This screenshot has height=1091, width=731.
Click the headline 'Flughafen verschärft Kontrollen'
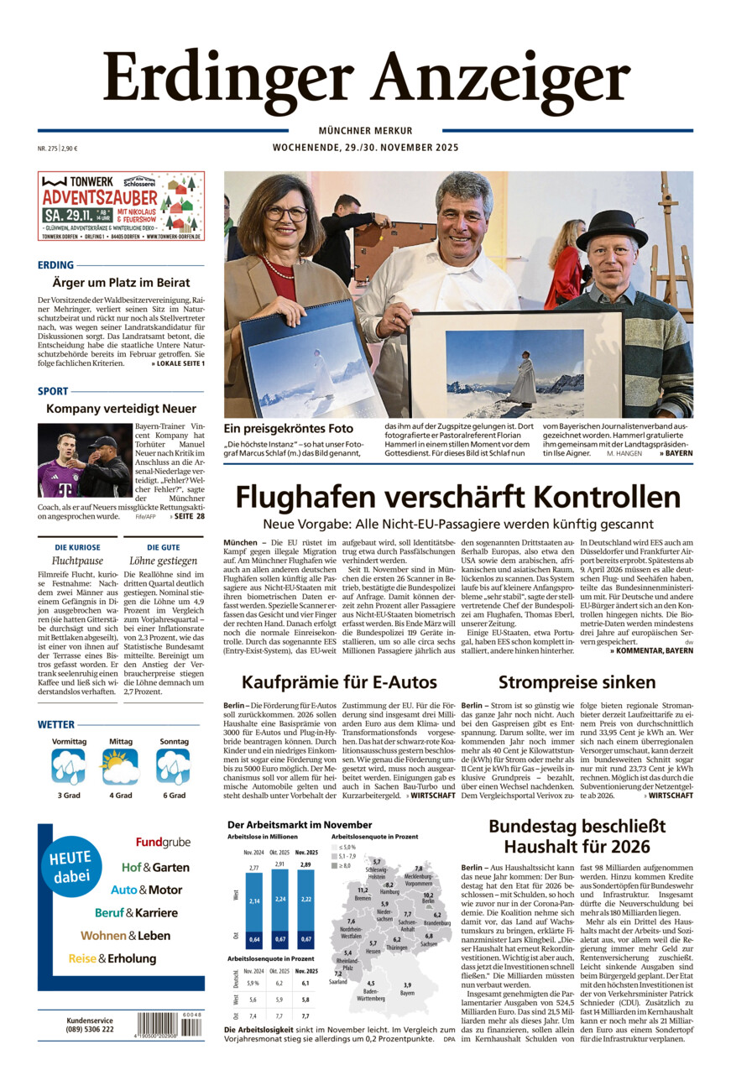coord(457,498)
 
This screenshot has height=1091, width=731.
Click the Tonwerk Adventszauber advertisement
coord(121,206)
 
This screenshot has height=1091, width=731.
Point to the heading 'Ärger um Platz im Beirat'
coord(121,283)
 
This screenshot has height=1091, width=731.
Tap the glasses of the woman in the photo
coord(286,214)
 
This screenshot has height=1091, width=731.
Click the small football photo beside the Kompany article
coord(84,460)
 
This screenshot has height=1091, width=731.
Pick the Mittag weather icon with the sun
coord(119,766)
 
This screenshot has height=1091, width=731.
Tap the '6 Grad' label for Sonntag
coord(173,795)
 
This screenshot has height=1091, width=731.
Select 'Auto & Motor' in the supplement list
coord(146,890)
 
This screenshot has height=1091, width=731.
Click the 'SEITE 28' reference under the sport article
coord(189,516)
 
